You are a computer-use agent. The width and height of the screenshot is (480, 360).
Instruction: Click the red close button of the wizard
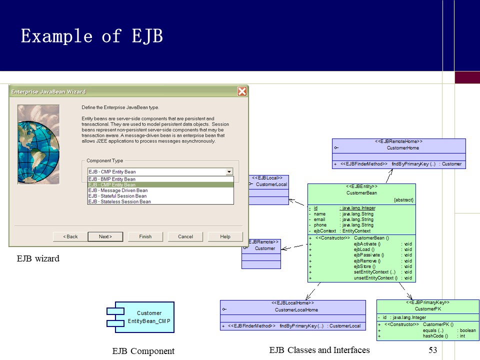click(x=242, y=91)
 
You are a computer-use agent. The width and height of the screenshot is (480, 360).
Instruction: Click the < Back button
click(x=69, y=236)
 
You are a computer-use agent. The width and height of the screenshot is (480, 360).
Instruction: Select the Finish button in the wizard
click(x=145, y=236)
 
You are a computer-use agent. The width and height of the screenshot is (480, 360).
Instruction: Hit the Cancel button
click(x=185, y=236)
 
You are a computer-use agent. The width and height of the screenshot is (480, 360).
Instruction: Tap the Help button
click(x=225, y=236)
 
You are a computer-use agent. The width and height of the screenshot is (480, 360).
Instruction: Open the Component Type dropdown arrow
click(x=229, y=171)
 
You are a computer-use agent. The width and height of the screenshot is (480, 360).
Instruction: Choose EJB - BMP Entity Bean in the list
click(x=112, y=179)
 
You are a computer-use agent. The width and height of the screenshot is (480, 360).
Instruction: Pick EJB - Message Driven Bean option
click(x=118, y=190)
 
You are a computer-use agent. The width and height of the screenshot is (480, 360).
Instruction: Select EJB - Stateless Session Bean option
click(x=119, y=202)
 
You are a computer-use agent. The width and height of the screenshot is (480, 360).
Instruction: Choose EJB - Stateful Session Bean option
click(x=118, y=196)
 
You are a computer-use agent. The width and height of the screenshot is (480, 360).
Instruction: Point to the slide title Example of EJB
click(x=91, y=36)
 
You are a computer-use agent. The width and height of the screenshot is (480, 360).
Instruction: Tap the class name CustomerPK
click(x=427, y=309)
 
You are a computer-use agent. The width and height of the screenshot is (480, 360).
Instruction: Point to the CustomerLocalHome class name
click(x=296, y=310)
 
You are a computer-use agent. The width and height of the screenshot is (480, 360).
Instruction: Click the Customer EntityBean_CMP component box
click(x=145, y=317)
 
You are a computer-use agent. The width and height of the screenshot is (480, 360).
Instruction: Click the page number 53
click(x=433, y=350)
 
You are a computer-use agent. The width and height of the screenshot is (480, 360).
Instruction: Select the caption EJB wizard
click(x=38, y=258)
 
